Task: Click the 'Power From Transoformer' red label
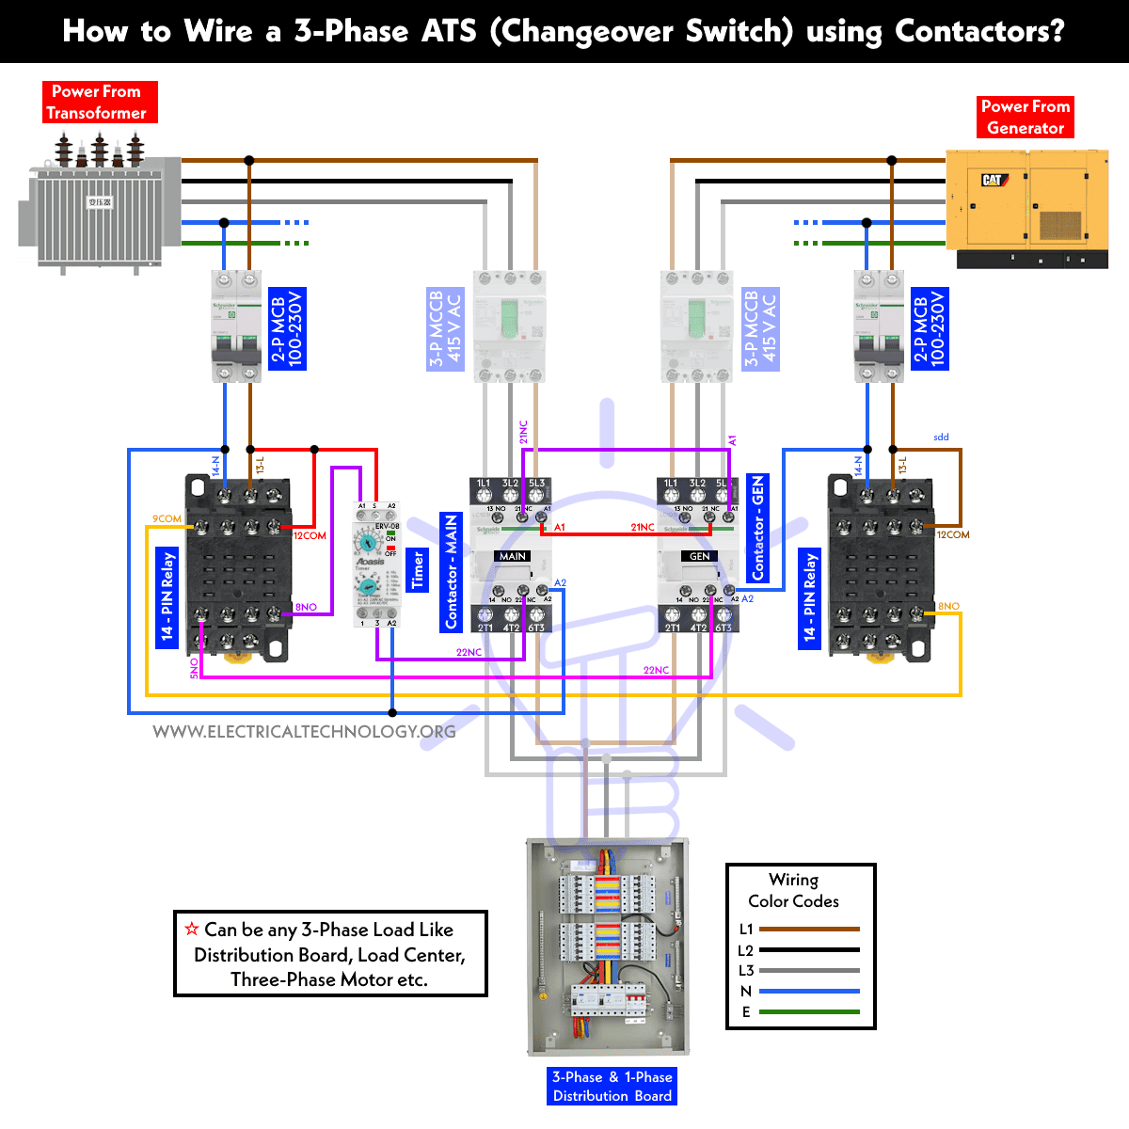pos(100,102)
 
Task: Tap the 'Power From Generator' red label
pos(1025,117)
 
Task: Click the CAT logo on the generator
pos(994,180)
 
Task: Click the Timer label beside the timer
pos(419,571)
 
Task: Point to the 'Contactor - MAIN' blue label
pos(452,572)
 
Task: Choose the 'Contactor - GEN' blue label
pos(757,527)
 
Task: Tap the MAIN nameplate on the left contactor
pos(513,556)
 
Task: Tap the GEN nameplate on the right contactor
pos(699,556)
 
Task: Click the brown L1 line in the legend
pos(808,929)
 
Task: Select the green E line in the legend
pos(808,1011)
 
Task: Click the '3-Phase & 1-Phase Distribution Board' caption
pos(612,1086)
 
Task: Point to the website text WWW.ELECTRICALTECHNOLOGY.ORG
pos(304,732)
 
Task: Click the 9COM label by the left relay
pos(167,518)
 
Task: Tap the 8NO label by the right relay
pos(948,606)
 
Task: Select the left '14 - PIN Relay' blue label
pos(167,596)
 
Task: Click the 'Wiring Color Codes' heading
pos(793,890)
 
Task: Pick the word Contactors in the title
pos(979,31)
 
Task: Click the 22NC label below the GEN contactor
pos(656,670)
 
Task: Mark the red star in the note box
pos(192,929)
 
